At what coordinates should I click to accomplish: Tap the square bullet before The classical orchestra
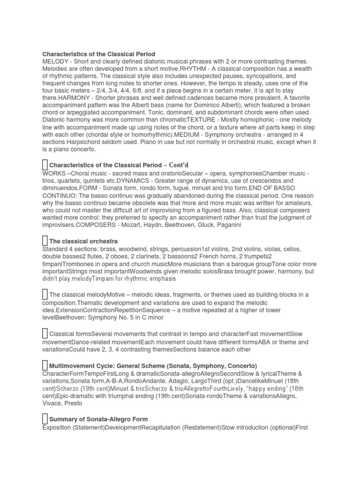point(45,241)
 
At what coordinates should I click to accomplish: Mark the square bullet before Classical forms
point(45,334)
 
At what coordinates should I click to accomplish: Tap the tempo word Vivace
point(53,404)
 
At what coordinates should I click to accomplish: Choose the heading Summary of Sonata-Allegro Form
point(98,419)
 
